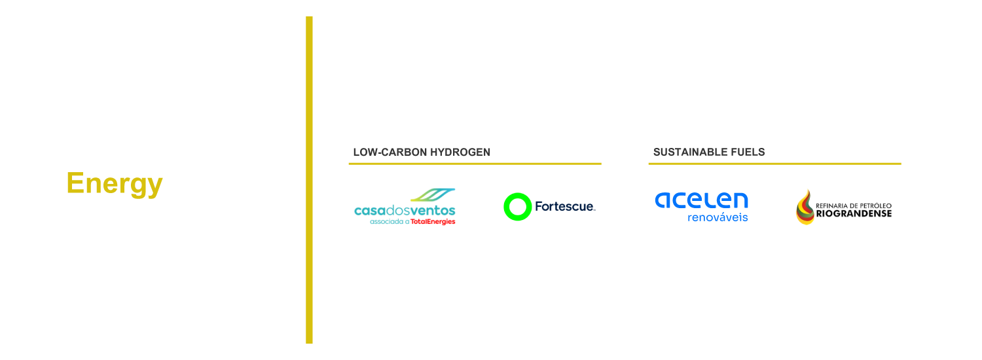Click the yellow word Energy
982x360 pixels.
point(114,184)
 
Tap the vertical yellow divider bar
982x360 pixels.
point(309,180)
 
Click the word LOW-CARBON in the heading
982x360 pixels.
point(387,152)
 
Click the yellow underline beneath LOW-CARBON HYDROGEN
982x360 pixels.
point(475,164)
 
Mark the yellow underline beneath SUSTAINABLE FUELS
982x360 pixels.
point(774,164)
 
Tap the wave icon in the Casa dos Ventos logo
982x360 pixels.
point(431,196)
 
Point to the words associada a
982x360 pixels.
point(390,222)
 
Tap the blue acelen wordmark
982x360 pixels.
point(701,200)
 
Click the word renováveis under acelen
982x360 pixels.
point(718,217)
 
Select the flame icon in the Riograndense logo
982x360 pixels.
point(805,207)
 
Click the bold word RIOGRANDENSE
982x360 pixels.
point(854,213)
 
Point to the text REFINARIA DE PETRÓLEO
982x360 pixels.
point(854,204)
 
